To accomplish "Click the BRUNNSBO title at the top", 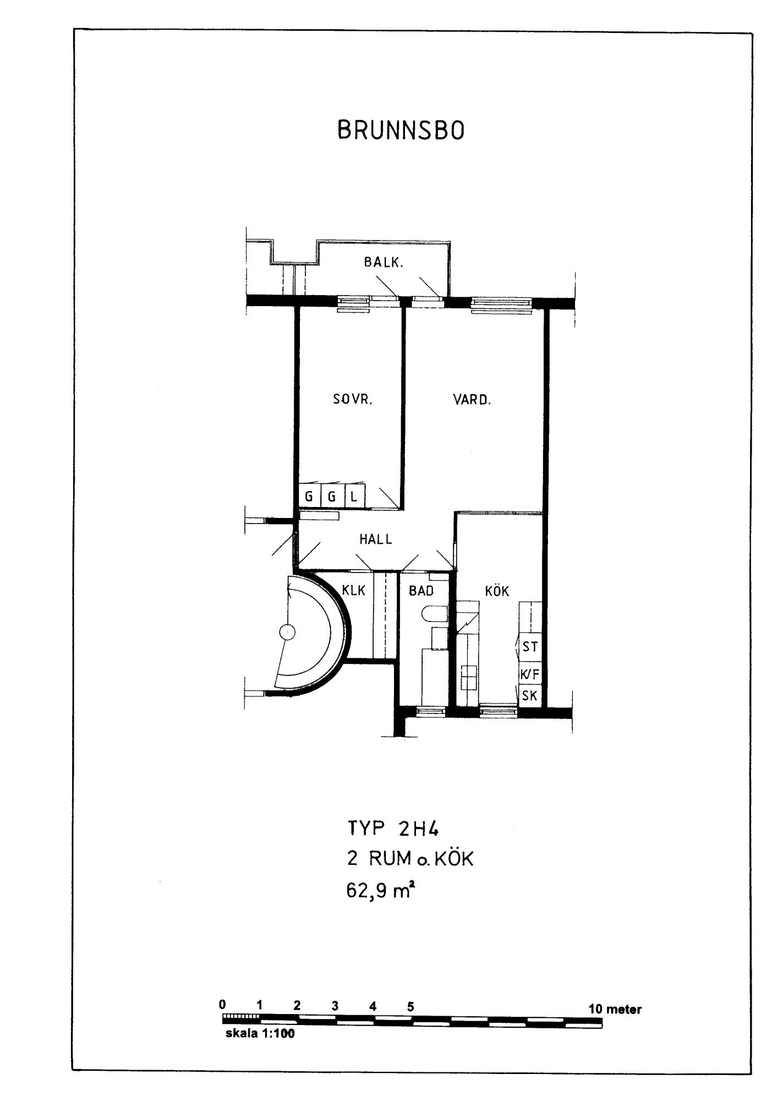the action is tap(401, 131).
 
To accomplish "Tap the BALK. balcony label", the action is tap(384, 263).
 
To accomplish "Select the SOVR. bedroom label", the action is tap(353, 400).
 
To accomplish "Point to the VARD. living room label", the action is tap(472, 400).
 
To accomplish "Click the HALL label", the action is tap(376, 539).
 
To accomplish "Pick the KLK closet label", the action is tap(354, 590).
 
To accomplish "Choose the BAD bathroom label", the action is tap(421, 591).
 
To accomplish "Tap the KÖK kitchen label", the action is tap(497, 591).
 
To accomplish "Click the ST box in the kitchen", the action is tap(530, 647).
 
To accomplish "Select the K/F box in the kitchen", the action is tap(530, 674).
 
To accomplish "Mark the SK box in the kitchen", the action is tap(530, 695).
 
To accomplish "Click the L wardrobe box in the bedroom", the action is tap(354, 497).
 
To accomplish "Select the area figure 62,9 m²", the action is tap(380, 890).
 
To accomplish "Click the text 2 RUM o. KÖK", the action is tap(410, 859).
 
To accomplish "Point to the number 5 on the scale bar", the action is tap(410, 1006).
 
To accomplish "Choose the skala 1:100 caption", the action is tap(260, 1034).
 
